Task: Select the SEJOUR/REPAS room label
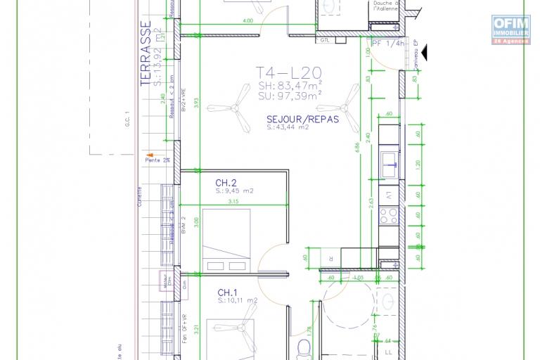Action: click(302, 120)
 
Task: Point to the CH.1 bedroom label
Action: click(227, 292)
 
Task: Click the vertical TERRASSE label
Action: click(146, 45)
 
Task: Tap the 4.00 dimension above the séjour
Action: click(247, 22)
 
